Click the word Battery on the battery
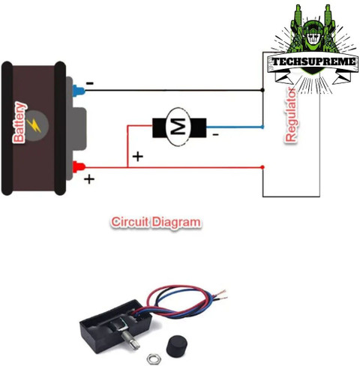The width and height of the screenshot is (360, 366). tap(19, 122)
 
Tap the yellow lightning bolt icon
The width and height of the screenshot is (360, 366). tap(34, 126)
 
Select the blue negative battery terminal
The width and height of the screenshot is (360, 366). tap(79, 91)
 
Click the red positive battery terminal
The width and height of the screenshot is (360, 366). tap(79, 167)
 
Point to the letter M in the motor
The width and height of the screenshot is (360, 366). tap(179, 127)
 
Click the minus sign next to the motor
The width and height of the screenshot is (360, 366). tap(215, 135)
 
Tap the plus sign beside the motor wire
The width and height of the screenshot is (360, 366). tap(138, 157)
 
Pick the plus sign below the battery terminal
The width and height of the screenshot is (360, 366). tap(89, 179)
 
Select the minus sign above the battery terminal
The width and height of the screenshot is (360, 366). tap(90, 83)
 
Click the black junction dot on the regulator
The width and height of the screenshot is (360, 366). tap(262, 90)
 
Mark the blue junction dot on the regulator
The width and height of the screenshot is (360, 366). tap(262, 127)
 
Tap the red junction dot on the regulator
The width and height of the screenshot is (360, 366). tap(262, 167)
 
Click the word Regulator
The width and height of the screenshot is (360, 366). tap(291, 115)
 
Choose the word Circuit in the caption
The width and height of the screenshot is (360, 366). tap(130, 222)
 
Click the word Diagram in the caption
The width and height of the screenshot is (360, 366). tap(176, 222)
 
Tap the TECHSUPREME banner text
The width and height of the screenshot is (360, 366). tap(313, 61)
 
